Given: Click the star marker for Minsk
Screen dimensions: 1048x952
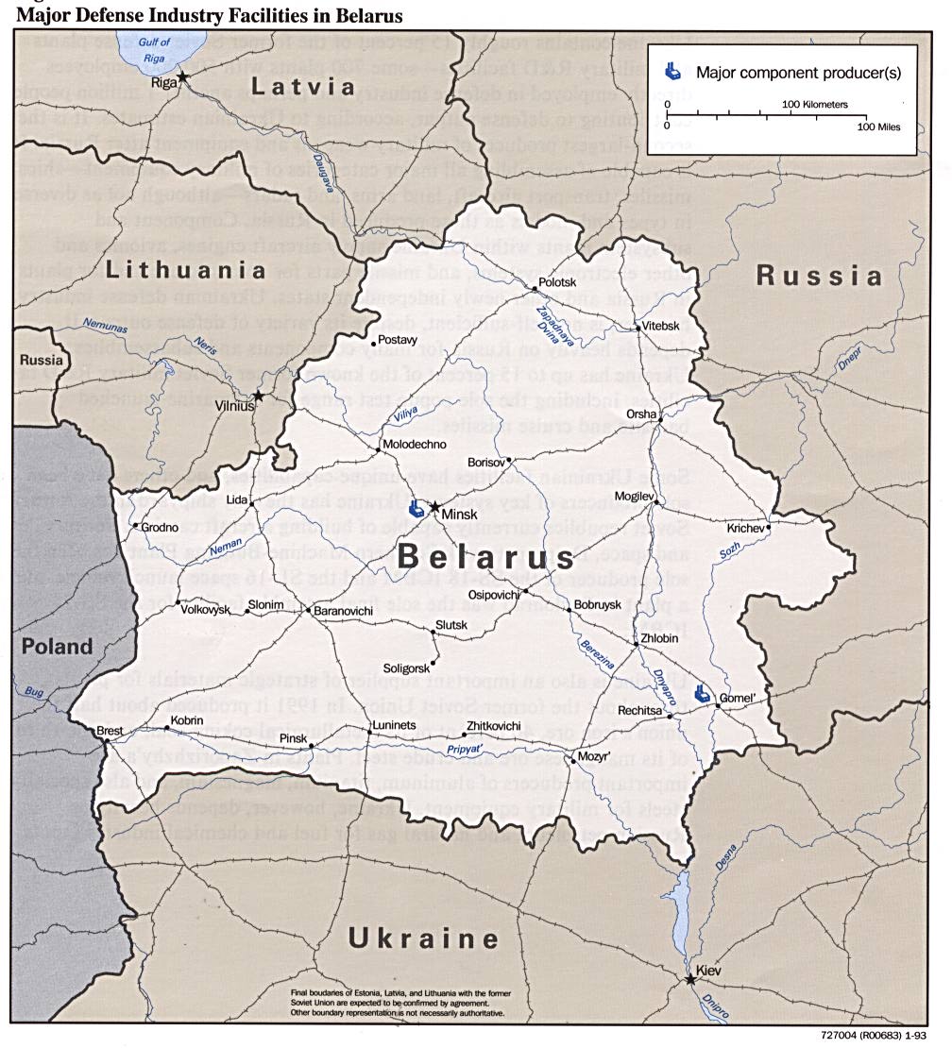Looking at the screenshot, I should (434, 507).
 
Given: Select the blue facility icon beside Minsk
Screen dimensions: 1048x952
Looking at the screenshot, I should (416, 509).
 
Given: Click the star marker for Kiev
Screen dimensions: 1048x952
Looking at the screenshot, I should (690, 980).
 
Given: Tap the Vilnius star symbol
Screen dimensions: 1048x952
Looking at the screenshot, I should (258, 396).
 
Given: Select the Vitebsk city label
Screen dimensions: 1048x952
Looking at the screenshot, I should (661, 326).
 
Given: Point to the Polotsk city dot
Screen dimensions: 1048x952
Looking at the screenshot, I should (535, 286).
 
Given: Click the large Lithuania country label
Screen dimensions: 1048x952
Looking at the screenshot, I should (185, 270).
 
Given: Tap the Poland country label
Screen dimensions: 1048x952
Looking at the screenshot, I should (58, 647).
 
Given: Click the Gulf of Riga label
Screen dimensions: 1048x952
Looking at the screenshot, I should (154, 49).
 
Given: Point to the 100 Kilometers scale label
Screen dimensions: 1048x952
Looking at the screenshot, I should (815, 104).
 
